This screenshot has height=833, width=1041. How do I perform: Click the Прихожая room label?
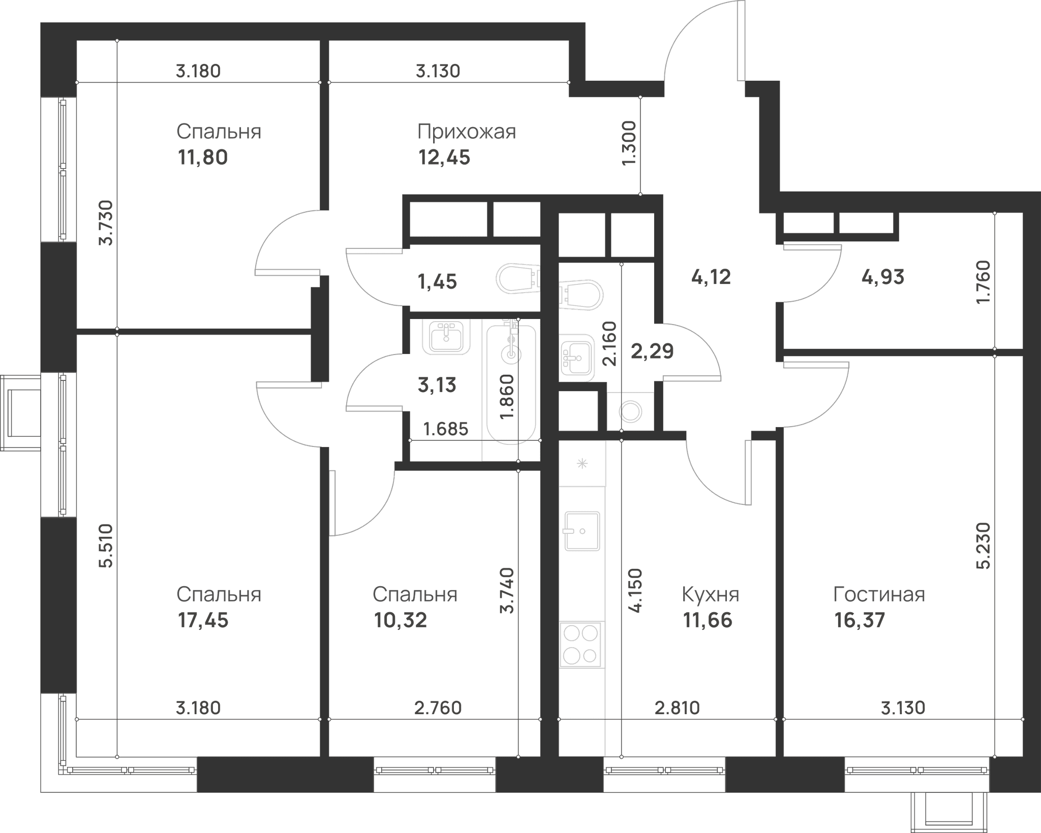pyautogui.click(x=467, y=132)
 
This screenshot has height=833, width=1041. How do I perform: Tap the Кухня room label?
pyautogui.click(x=711, y=594)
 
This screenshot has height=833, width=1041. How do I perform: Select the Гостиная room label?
pyautogui.click(x=879, y=594)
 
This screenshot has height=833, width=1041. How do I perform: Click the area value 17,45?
pyautogui.click(x=203, y=620)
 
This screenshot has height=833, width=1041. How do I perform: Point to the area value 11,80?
pyautogui.click(x=203, y=157)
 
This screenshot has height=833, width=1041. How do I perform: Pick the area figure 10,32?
pyautogui.click(x=401, y=620)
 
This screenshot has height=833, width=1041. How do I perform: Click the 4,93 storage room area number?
pyautogui.click(x=883, y=277)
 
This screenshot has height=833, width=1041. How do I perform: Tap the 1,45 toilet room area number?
pyautogui.click(x=437, y=281)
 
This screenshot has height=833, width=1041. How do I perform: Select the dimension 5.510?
pyautogui.click(x=107, y=546)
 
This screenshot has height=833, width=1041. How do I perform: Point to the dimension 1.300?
pyautogui.click(x=629, y=143)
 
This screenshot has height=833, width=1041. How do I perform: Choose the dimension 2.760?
pyautogui.click(x=438, y=708)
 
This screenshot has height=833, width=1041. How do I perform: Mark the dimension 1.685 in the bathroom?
pyautogui.click(x=446, y=429)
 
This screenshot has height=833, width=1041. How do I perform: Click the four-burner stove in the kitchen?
pyautogui.click(x=582, y=645)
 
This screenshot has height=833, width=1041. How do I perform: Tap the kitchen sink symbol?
pyautogui.click(x=582, y=531)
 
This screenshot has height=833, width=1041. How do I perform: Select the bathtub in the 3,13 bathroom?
pyautogui.click(x=511, y=385)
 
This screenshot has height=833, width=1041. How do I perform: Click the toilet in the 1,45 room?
pyautogui.click(x=517, y=279)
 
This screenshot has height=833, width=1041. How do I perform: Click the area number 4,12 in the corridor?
pyautogui.click(x=711, y=277)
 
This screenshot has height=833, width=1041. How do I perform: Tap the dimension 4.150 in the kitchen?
pyautogui.click(x=635, y=591)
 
